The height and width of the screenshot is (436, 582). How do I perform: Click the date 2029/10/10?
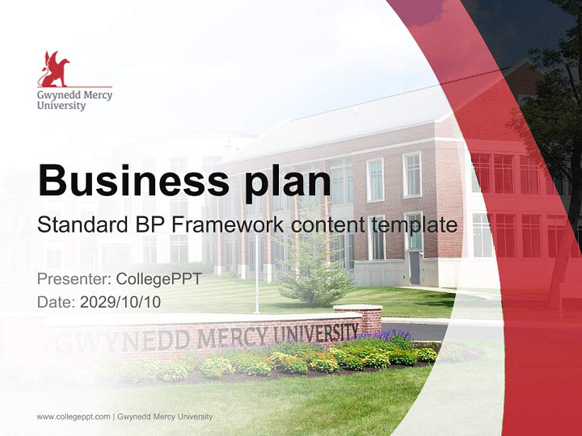pos(121,302)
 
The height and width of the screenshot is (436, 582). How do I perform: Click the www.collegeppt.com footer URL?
pos(73,417)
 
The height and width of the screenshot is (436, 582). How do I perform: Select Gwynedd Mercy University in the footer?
pos(165,417)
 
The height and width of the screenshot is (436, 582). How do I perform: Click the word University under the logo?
pos(61,106)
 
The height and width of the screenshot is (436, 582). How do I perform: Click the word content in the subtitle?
pos(327,225)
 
